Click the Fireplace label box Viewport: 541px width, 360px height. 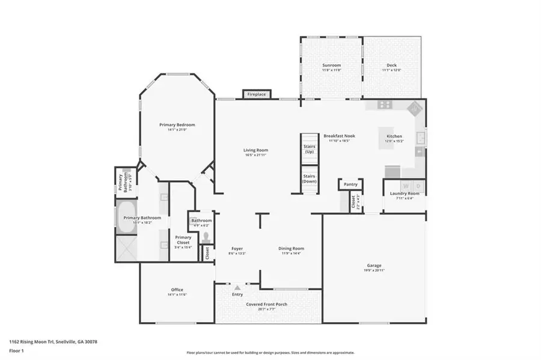(257, 94)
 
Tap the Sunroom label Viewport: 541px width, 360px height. (331, 65)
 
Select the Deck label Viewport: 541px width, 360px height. (391, 65)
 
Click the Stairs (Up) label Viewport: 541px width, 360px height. (310, 149)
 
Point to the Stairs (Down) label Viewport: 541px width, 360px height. (310, 178)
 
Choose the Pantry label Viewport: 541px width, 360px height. (350, 184)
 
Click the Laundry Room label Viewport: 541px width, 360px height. (404, 194)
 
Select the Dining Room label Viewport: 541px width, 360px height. (291, 248)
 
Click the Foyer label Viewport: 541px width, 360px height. (237, 248)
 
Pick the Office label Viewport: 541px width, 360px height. (177, 290)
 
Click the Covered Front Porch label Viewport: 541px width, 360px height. (266, 304)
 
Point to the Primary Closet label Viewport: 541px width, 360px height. (183, 240)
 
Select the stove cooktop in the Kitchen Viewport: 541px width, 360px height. (385, 105)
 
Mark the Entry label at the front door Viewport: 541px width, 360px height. (237, 294)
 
